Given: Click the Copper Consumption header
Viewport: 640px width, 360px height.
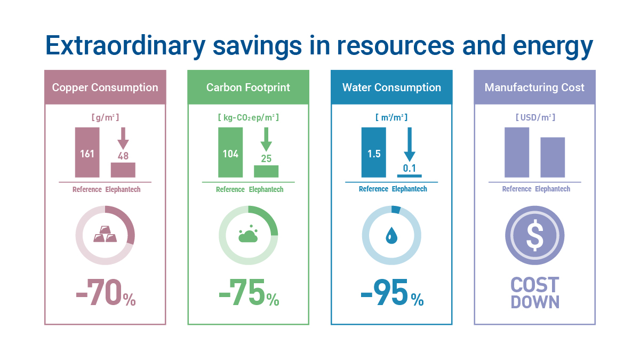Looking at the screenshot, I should (x=105, y=87).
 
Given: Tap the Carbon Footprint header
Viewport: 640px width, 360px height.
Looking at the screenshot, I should (x=248, y=87).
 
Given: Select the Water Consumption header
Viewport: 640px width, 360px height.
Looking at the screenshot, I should (x=391, y=87).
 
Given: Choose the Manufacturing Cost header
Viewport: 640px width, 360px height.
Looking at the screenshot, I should (x=534, y=87).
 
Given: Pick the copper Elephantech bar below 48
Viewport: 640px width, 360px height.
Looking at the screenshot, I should (x=123, y=170).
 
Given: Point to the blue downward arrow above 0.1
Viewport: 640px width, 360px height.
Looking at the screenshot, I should (x=409, y=144).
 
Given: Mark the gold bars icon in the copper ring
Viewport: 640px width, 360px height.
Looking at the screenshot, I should (x=105, y=235).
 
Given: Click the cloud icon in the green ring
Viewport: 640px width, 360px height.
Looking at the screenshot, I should (x=248, y=235).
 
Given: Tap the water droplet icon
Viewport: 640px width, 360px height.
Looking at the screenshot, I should (x=391, y=235).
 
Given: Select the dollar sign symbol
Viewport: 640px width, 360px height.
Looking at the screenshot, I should (x=534, y=235).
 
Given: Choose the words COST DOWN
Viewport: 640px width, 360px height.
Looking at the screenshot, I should (x=534, y=293).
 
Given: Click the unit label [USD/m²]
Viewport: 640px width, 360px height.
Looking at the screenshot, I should (x=534, y=117).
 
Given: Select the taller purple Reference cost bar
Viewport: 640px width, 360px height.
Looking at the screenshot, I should (x=517, y=152).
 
